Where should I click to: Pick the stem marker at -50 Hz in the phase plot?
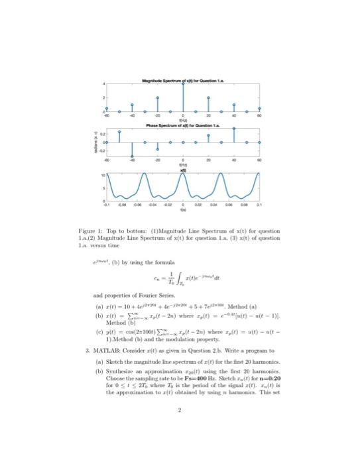pos(119,131)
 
